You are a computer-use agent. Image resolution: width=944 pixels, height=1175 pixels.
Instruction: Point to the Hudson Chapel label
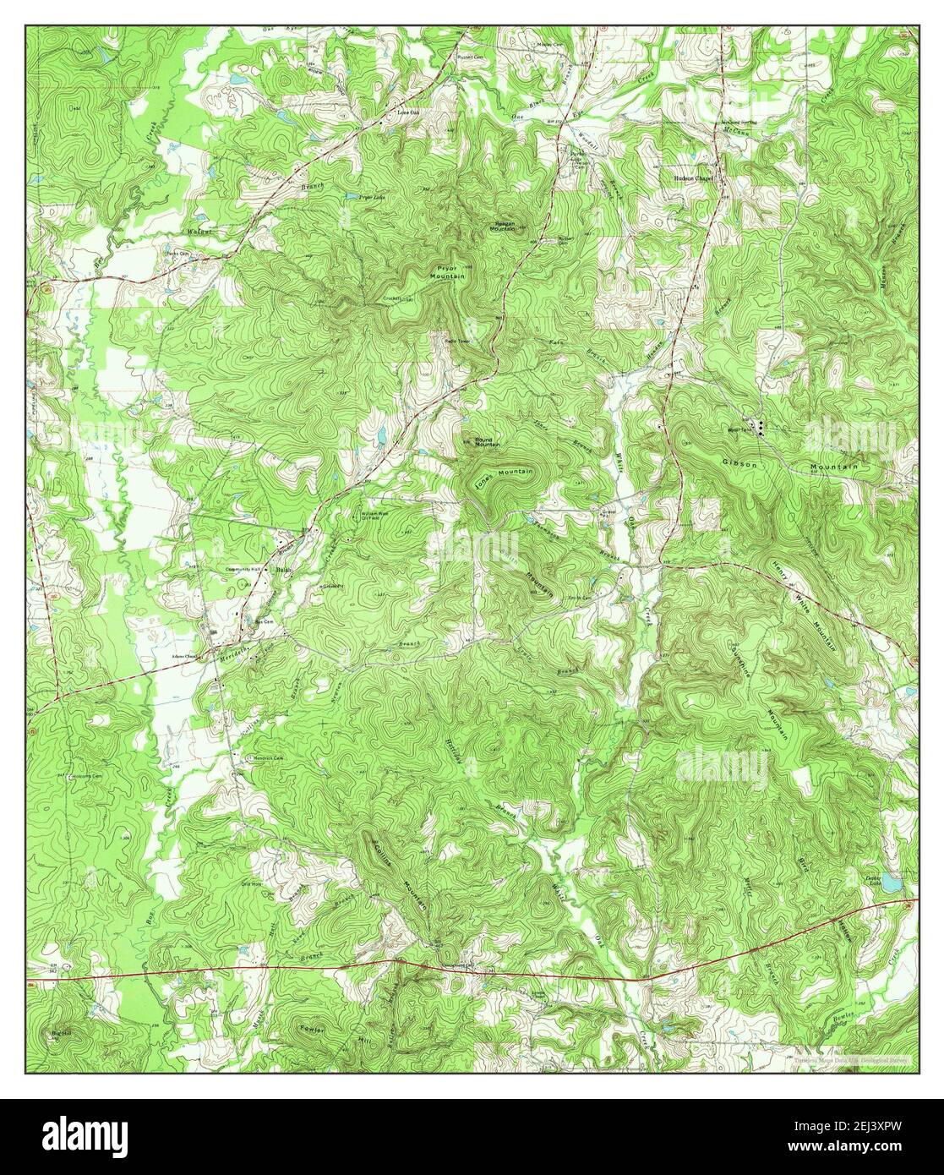[694, 178]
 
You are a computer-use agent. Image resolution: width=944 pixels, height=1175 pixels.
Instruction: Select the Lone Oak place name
[409, 111]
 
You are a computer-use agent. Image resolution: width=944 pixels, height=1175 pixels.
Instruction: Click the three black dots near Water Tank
[760, 428]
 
